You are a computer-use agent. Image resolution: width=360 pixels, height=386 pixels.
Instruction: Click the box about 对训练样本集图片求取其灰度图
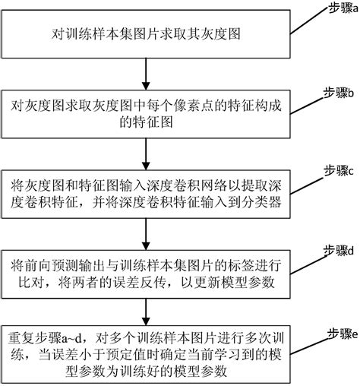point(144,34)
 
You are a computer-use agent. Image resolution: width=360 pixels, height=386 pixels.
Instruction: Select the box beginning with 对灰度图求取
point(144,115)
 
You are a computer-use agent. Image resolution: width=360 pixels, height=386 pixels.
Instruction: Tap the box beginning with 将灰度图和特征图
point(144,194)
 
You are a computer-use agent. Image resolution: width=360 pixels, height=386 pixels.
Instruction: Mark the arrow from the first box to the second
point(144,76)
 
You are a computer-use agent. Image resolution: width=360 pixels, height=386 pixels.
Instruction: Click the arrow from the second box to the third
point(144,155)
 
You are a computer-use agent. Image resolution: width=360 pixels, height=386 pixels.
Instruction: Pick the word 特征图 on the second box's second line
point(144,124)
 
